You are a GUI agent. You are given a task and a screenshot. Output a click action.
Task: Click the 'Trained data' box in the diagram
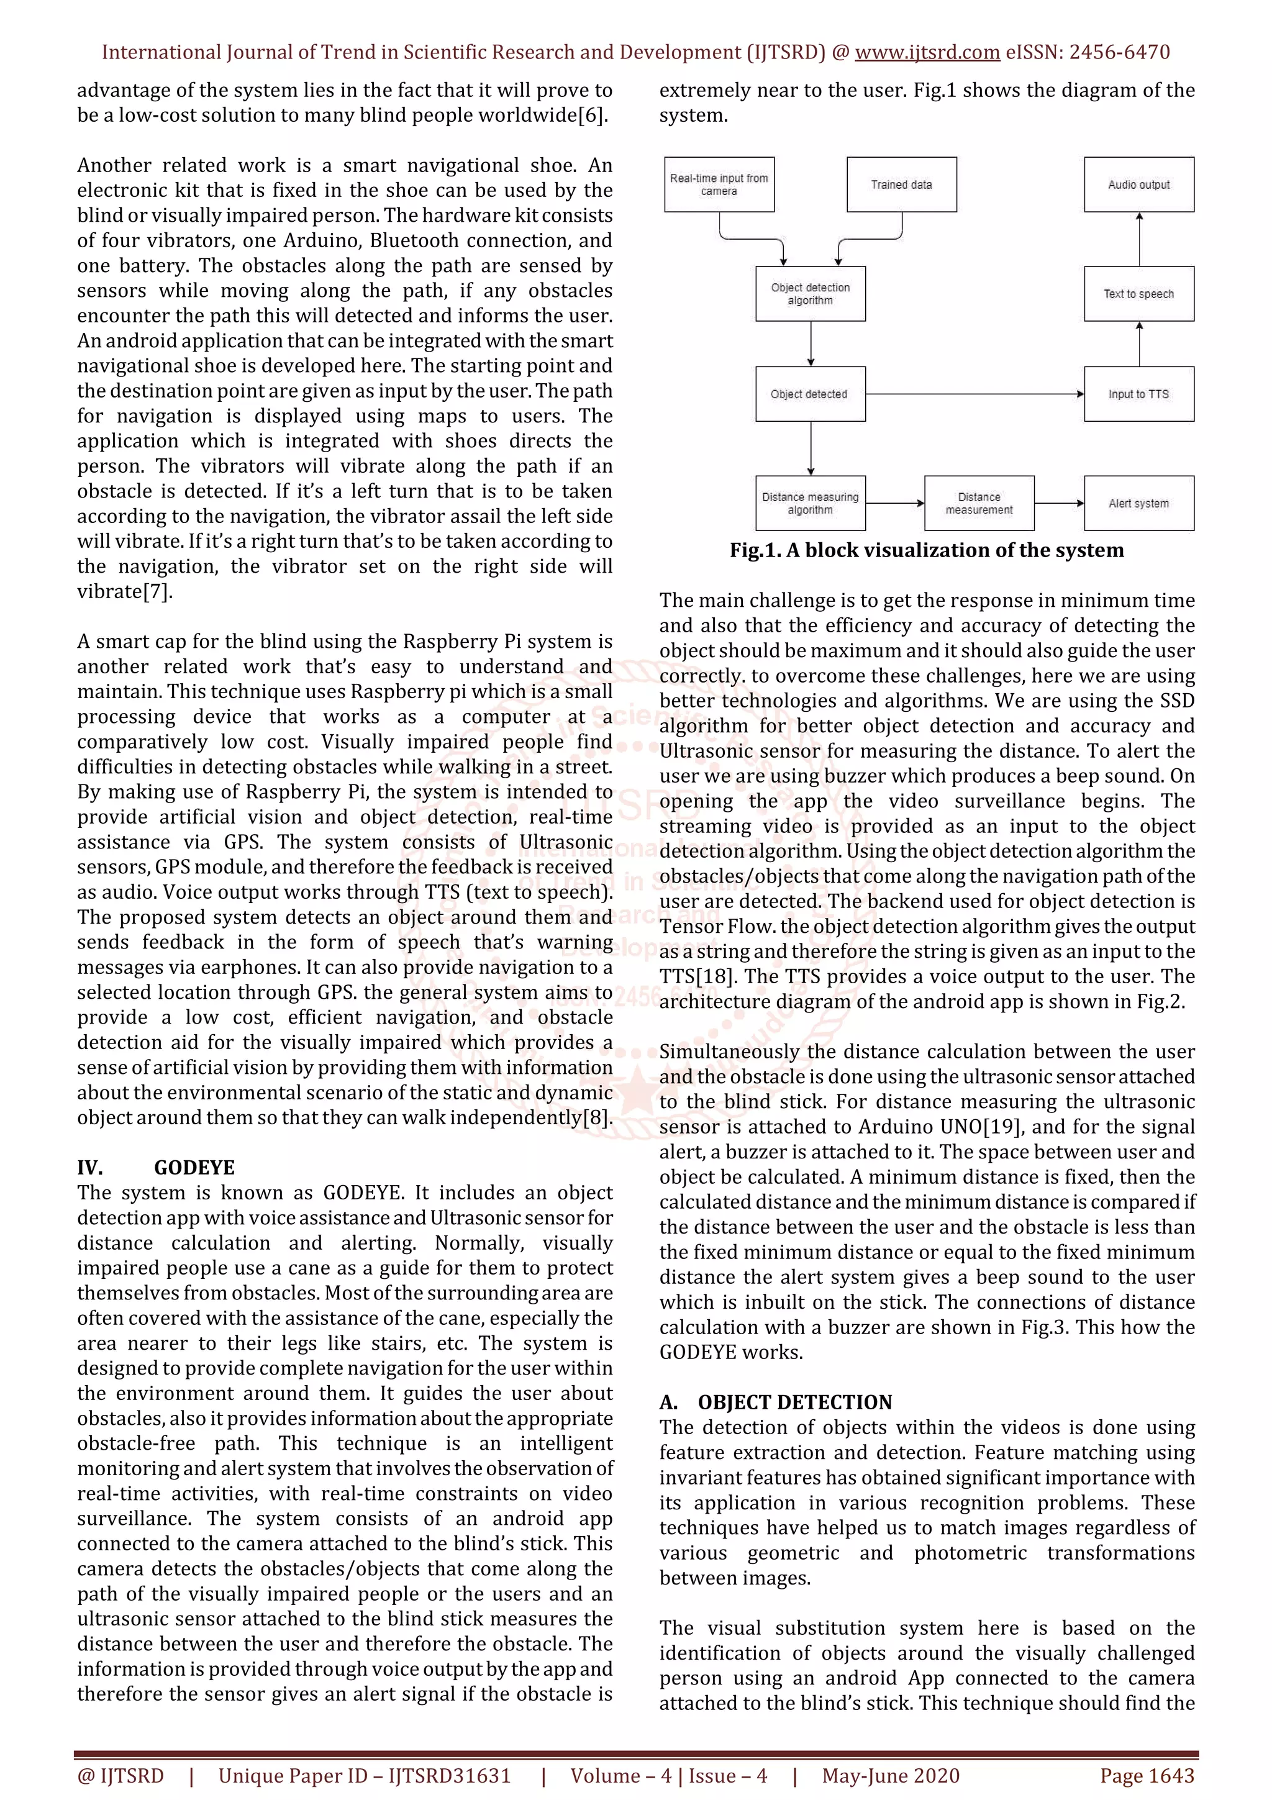(901, 184)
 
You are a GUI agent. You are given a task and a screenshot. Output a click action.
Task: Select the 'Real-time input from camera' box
(719, 184)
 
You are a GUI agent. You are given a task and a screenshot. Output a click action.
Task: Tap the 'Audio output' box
(1138, 184)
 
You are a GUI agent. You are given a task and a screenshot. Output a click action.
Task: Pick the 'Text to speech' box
(1138, 294)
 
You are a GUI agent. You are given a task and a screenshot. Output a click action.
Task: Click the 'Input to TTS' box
(1138, 394)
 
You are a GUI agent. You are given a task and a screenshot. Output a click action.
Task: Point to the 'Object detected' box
(810, 394)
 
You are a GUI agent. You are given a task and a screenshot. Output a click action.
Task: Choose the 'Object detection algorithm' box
(810, 294)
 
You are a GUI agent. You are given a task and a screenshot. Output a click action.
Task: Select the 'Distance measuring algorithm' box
(810, 503)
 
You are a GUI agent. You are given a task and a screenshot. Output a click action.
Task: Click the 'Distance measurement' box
(979, 503)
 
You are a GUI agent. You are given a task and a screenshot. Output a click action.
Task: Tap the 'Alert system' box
(1138, 503)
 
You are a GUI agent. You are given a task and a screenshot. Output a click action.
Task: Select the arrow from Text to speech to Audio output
(1138, 239)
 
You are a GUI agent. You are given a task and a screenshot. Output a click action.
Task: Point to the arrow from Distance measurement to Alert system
(1059, 503)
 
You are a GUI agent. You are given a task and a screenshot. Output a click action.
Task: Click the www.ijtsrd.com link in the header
(927, 53)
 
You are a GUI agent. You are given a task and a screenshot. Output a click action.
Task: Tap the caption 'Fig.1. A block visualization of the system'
(927, 550)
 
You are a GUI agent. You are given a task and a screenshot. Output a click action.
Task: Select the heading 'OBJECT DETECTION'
(795, 1402)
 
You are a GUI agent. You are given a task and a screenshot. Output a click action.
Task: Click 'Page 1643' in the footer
(1147, 1776)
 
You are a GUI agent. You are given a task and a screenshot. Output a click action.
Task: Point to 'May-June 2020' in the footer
(890, 1776)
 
